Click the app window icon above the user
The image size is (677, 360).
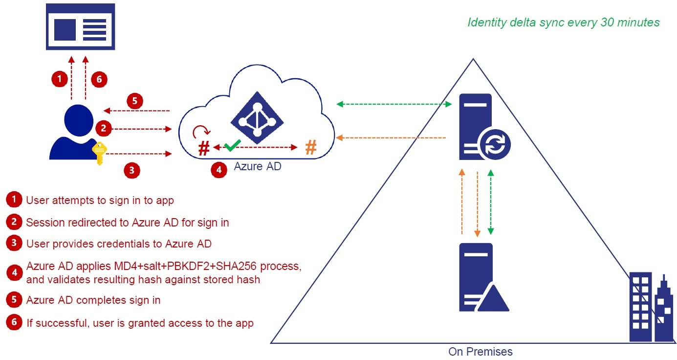click(80, 26)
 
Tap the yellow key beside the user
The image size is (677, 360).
click(100, 152)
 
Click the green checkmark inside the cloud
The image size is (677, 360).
click(233, 144)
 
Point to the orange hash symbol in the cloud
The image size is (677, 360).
click(310, 147)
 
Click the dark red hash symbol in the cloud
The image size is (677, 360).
click(204, 148)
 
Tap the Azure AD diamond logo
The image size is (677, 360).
click(257, 118)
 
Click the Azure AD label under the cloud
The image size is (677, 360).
click(257, 167)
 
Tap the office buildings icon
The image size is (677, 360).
click(650, 308)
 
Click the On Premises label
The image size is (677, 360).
click(480, 351)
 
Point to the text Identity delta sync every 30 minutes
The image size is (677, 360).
click(564, 22)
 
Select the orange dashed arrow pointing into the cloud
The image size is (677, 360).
click(391, 138)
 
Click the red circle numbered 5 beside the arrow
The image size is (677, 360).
click(135, 101)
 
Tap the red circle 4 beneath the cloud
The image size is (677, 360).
click(218, 170)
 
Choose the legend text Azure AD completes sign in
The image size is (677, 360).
click(93, 300)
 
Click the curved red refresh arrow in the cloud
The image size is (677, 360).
click(201, 131)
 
